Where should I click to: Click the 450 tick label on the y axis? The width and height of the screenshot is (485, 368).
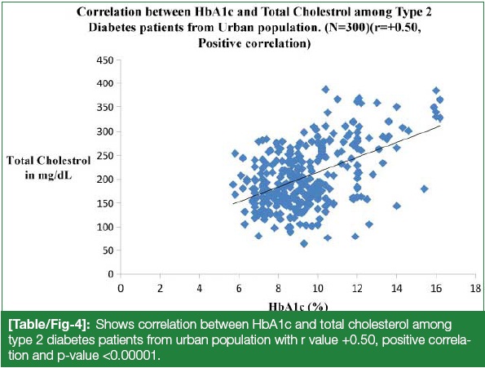105,60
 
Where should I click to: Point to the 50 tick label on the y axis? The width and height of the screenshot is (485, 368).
108,251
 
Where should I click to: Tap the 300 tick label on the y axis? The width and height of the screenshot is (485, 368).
105,131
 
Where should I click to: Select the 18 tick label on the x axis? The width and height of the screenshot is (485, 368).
475,289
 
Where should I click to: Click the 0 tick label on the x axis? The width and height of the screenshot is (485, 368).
121,289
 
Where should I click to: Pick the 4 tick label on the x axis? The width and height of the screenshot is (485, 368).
200,289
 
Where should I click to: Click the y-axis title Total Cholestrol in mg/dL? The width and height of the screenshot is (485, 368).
49,168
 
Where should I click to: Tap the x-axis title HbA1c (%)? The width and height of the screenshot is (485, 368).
298,307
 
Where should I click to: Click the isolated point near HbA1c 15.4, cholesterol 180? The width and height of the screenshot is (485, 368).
425,188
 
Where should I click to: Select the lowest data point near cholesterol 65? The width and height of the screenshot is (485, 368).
304,244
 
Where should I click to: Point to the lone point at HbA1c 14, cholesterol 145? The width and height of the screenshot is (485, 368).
397,206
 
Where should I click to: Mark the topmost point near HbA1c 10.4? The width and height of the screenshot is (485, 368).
325,90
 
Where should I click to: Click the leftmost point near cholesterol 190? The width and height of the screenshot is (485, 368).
233,184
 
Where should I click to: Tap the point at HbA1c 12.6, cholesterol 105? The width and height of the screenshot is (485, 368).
369,224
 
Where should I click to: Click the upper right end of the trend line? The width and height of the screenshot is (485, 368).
440,126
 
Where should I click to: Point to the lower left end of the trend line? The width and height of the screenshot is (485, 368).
233,204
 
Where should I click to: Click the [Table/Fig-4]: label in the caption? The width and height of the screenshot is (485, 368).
50,325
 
